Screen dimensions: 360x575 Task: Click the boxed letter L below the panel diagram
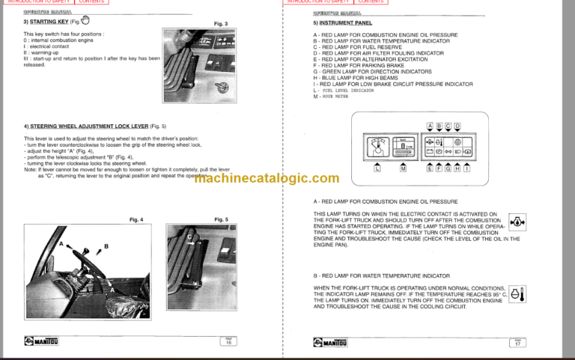tap(377, 169)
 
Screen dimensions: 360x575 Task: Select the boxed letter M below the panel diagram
tap(403, 169)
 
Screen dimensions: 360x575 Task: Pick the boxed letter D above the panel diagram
tap(457, 125)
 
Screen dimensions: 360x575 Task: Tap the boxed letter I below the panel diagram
tap(466, 169)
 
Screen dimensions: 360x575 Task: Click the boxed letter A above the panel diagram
tap(430, 125)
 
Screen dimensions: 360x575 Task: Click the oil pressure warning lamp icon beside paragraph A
tap(517, 222)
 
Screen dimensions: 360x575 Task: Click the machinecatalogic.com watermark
tap(267, 177)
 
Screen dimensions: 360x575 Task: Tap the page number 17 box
tap(517, 341)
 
